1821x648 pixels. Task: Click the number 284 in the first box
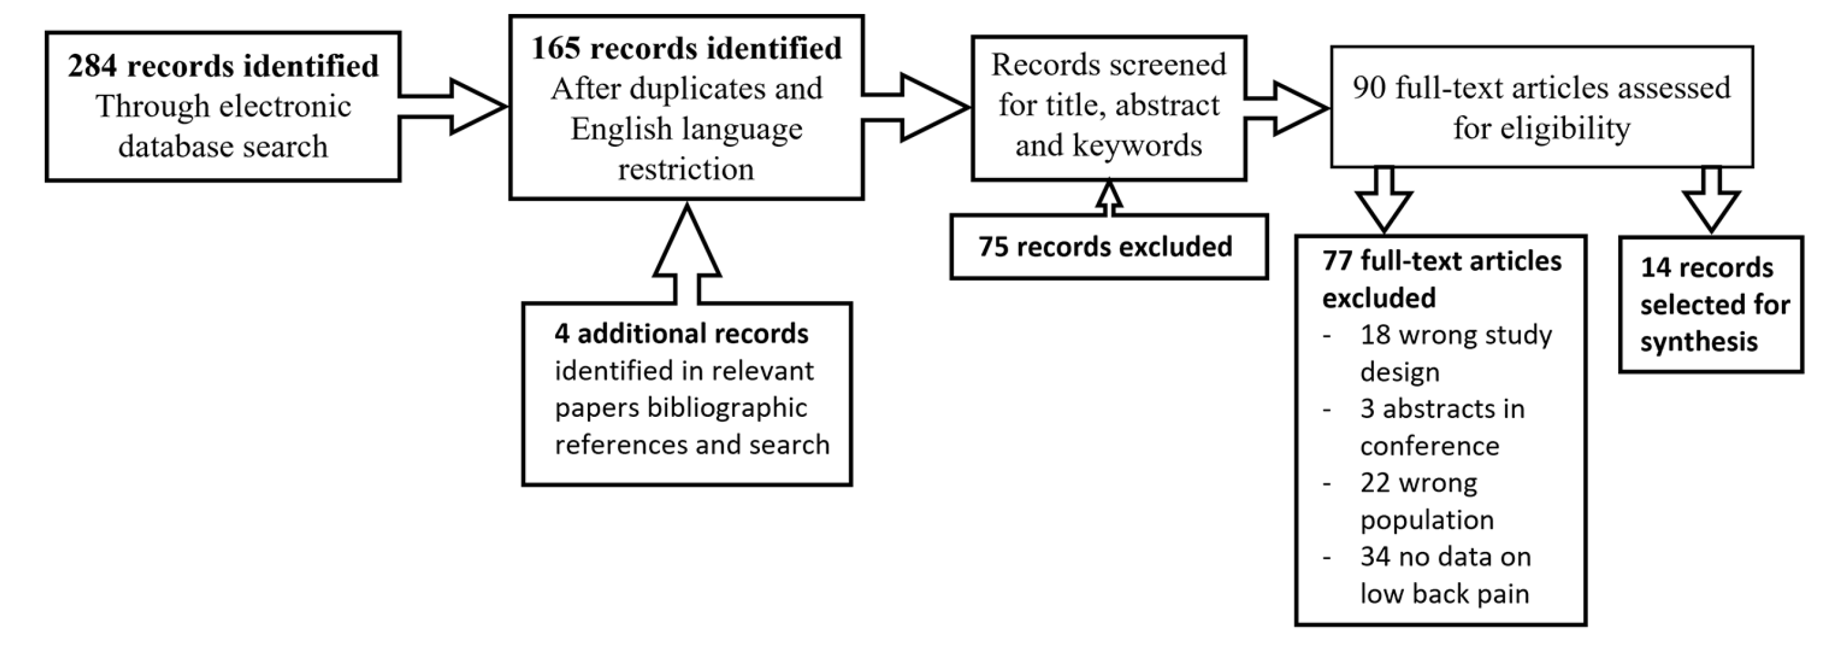pos(93,67)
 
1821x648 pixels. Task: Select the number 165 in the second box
pos(556,49)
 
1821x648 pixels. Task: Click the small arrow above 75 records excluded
pos(1108,198)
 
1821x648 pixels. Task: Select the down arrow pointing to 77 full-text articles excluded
pos(1383,201)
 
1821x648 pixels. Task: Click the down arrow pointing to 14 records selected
pos(1711,201)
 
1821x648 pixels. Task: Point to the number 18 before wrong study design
pos(1375,336)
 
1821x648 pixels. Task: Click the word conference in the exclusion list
pos(1429,446)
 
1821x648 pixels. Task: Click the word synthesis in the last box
pos(1698,343)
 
